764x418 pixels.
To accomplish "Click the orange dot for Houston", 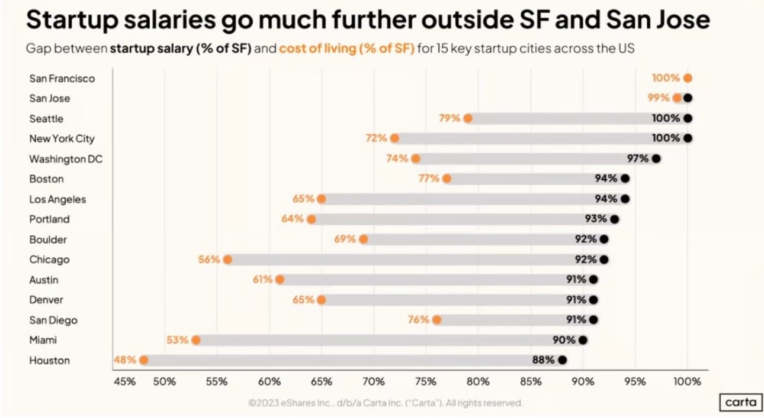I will (144, 360).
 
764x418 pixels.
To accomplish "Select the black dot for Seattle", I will (687, 118).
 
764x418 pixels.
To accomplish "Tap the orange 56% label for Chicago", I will (209, 260).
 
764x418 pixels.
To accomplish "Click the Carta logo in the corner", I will (741, 403).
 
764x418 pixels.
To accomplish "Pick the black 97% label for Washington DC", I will (637, 158).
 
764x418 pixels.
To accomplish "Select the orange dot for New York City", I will (395, 138).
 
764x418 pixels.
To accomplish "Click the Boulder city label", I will (48, 239).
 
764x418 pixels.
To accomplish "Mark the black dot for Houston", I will (562, 360).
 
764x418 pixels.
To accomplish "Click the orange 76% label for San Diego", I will (418, 320).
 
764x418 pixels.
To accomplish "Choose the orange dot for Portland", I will (312, 219).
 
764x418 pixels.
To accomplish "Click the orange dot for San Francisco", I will (687, 77).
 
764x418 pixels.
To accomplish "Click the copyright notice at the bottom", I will (386, 403).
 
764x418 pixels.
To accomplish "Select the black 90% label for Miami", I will (564, 340).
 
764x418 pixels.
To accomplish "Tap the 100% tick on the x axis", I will (687, 381).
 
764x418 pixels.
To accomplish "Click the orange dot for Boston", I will (447, 179).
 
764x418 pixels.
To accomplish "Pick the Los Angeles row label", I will (57, 199).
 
